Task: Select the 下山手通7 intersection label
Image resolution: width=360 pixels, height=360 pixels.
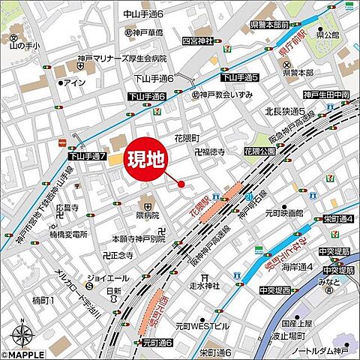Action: point(88,156)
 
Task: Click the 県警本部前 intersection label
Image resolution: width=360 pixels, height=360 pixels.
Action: point(270,24)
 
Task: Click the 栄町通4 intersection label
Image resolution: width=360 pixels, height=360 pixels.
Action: point(339,218)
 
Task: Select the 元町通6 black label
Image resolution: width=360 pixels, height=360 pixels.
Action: point(157,342)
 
